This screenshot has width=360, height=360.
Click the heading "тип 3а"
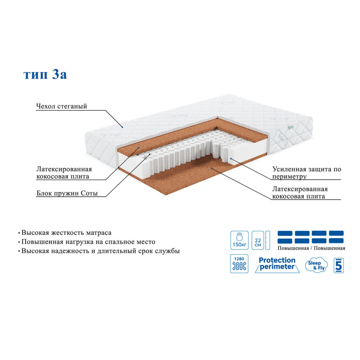45,74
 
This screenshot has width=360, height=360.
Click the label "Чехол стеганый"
62,106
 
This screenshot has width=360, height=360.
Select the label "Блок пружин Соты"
67,193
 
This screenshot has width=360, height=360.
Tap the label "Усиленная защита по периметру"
306,173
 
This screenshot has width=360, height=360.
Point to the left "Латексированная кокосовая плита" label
64,173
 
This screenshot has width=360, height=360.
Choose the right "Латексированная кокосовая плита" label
300,193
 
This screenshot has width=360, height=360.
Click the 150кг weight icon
239,240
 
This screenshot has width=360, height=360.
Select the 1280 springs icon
239,264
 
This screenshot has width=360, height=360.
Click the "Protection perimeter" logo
277,265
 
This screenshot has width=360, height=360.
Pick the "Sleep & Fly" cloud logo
316,265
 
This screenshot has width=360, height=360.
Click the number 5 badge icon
339,265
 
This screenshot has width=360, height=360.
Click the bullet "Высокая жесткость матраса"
65,233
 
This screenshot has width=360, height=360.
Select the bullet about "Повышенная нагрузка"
86,242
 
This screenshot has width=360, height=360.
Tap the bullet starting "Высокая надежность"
99,251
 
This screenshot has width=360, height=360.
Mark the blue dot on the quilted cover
122,127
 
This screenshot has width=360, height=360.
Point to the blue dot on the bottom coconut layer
211,168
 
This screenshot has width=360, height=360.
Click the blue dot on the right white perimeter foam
231,158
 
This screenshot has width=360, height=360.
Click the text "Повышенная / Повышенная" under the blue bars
311,248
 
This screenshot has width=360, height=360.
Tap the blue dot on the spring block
150,154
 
